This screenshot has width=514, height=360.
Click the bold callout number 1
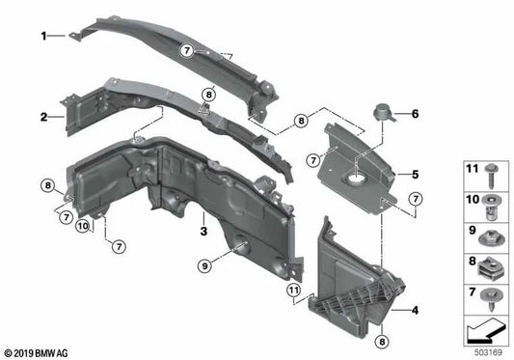click(43, 36)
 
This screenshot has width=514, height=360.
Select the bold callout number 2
click(43, 118)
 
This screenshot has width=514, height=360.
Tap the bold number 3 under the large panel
click(203, 232)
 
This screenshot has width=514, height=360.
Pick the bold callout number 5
click(415, 175)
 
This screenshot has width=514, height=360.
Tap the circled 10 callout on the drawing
click(83, 227)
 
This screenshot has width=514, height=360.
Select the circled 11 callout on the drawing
click(291, 289)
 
